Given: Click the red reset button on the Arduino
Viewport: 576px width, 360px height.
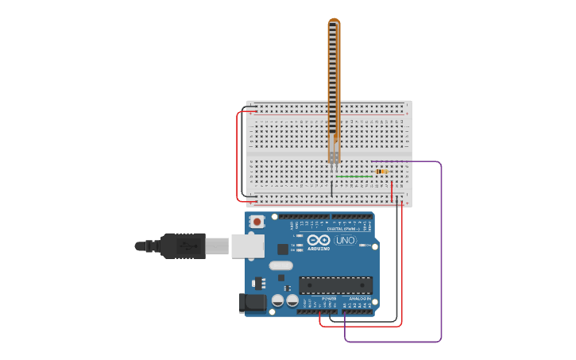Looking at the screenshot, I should pyautogui.click(x=257, y=222).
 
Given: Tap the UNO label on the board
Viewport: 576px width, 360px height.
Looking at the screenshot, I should pyautogui.click(x=346, y=240).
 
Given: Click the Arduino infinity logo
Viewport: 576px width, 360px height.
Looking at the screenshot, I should pyautogui.click(x=319, y=240).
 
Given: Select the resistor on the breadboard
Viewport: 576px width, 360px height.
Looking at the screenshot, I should pyautogui.click(x=381, y=172).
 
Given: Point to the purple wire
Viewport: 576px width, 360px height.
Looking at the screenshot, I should pyautogui.click(x=440, y=254).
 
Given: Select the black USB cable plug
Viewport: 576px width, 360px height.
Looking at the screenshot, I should pyautogui.click(x=183, y=246).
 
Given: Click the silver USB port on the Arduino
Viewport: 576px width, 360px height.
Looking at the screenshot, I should pyautogui.click(x=247, y=246).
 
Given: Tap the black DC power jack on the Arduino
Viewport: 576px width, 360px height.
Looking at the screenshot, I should pyautogui.click(x=252, y=302).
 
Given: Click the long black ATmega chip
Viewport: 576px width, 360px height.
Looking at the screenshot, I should pyautogui.click(x=335, y=285).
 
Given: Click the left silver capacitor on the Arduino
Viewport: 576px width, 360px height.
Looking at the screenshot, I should pyautogui.click(x=278, y=300).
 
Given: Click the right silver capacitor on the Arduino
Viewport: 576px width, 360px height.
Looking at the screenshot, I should pyautogui.click(x=292, y=300).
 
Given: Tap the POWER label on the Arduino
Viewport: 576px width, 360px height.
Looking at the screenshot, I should pyautogui.click(x=329, y=299).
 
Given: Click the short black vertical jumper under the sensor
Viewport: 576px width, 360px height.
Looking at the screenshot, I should pyautogui.click(x=332, y=188).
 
